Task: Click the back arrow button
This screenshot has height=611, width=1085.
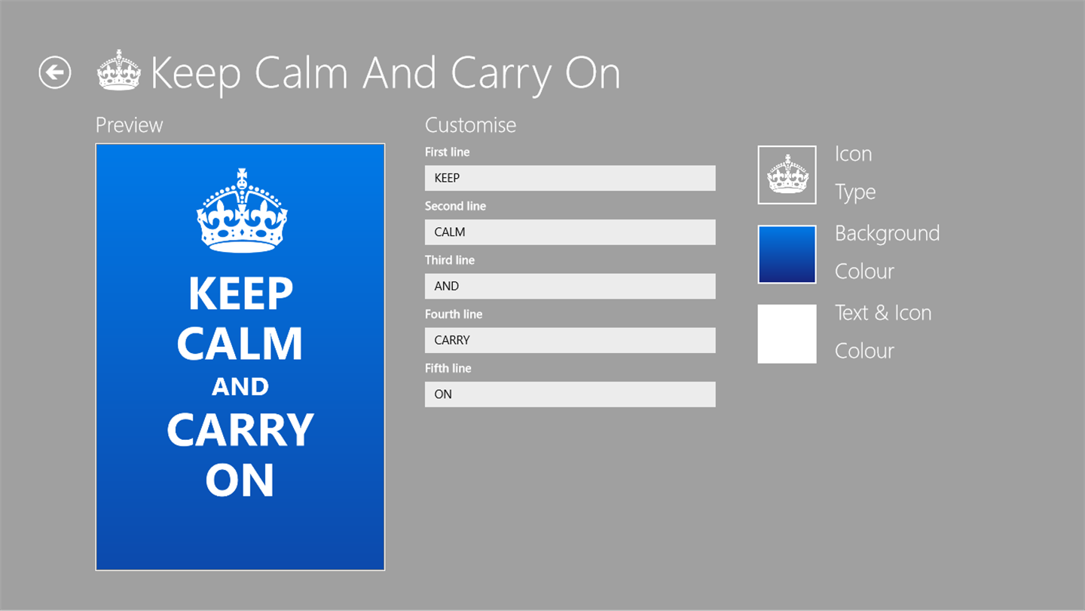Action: pyautogui.click(x=55, y=72)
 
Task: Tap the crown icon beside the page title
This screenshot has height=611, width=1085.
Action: pyautogui.click(x=119, y=70)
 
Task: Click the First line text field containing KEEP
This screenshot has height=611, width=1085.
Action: pyautogui.click(x=570, y=178)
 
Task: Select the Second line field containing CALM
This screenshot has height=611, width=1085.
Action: pyautogui.click(x=570, y=232)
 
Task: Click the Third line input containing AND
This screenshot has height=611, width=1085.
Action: pyautogui.click(x=570, y=286)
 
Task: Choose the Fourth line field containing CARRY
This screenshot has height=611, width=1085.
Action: pyautogui.click(x=570, y=340)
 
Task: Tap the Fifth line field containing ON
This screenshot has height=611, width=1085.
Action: pyautogui.click(x=570, y=395)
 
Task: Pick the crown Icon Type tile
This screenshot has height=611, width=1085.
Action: pyautogui.click(x=787, y=175)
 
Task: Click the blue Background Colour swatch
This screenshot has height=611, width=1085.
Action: pyautogui.click(x=787, y=255)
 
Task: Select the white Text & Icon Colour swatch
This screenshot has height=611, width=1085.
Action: pyautogui.click(x=787, y=333)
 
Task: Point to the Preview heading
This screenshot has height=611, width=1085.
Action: pyautogui.click(x=129, y=125)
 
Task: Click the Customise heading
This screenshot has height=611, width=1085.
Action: pyautogui.click(x=470, y=125)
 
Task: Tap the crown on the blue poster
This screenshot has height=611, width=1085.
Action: pyautogui.click(x=242, y=210)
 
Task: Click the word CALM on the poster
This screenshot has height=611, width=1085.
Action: pyautogui.click(x=240, y=342)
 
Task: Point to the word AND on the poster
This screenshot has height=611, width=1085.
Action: pyautogui.click(x=240, y=386)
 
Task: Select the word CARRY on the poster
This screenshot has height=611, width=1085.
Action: pyautogui.click(x=240, y=430)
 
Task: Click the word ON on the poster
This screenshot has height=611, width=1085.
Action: pyautogui.click(x=240, y=480)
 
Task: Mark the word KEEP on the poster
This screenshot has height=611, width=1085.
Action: pyautogui.click(x=241, y=293)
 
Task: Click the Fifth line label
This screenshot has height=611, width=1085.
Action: pyautogui.click(x=448, y=369)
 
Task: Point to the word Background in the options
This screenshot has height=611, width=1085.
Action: pyautogui.click(x=888, y=233)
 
